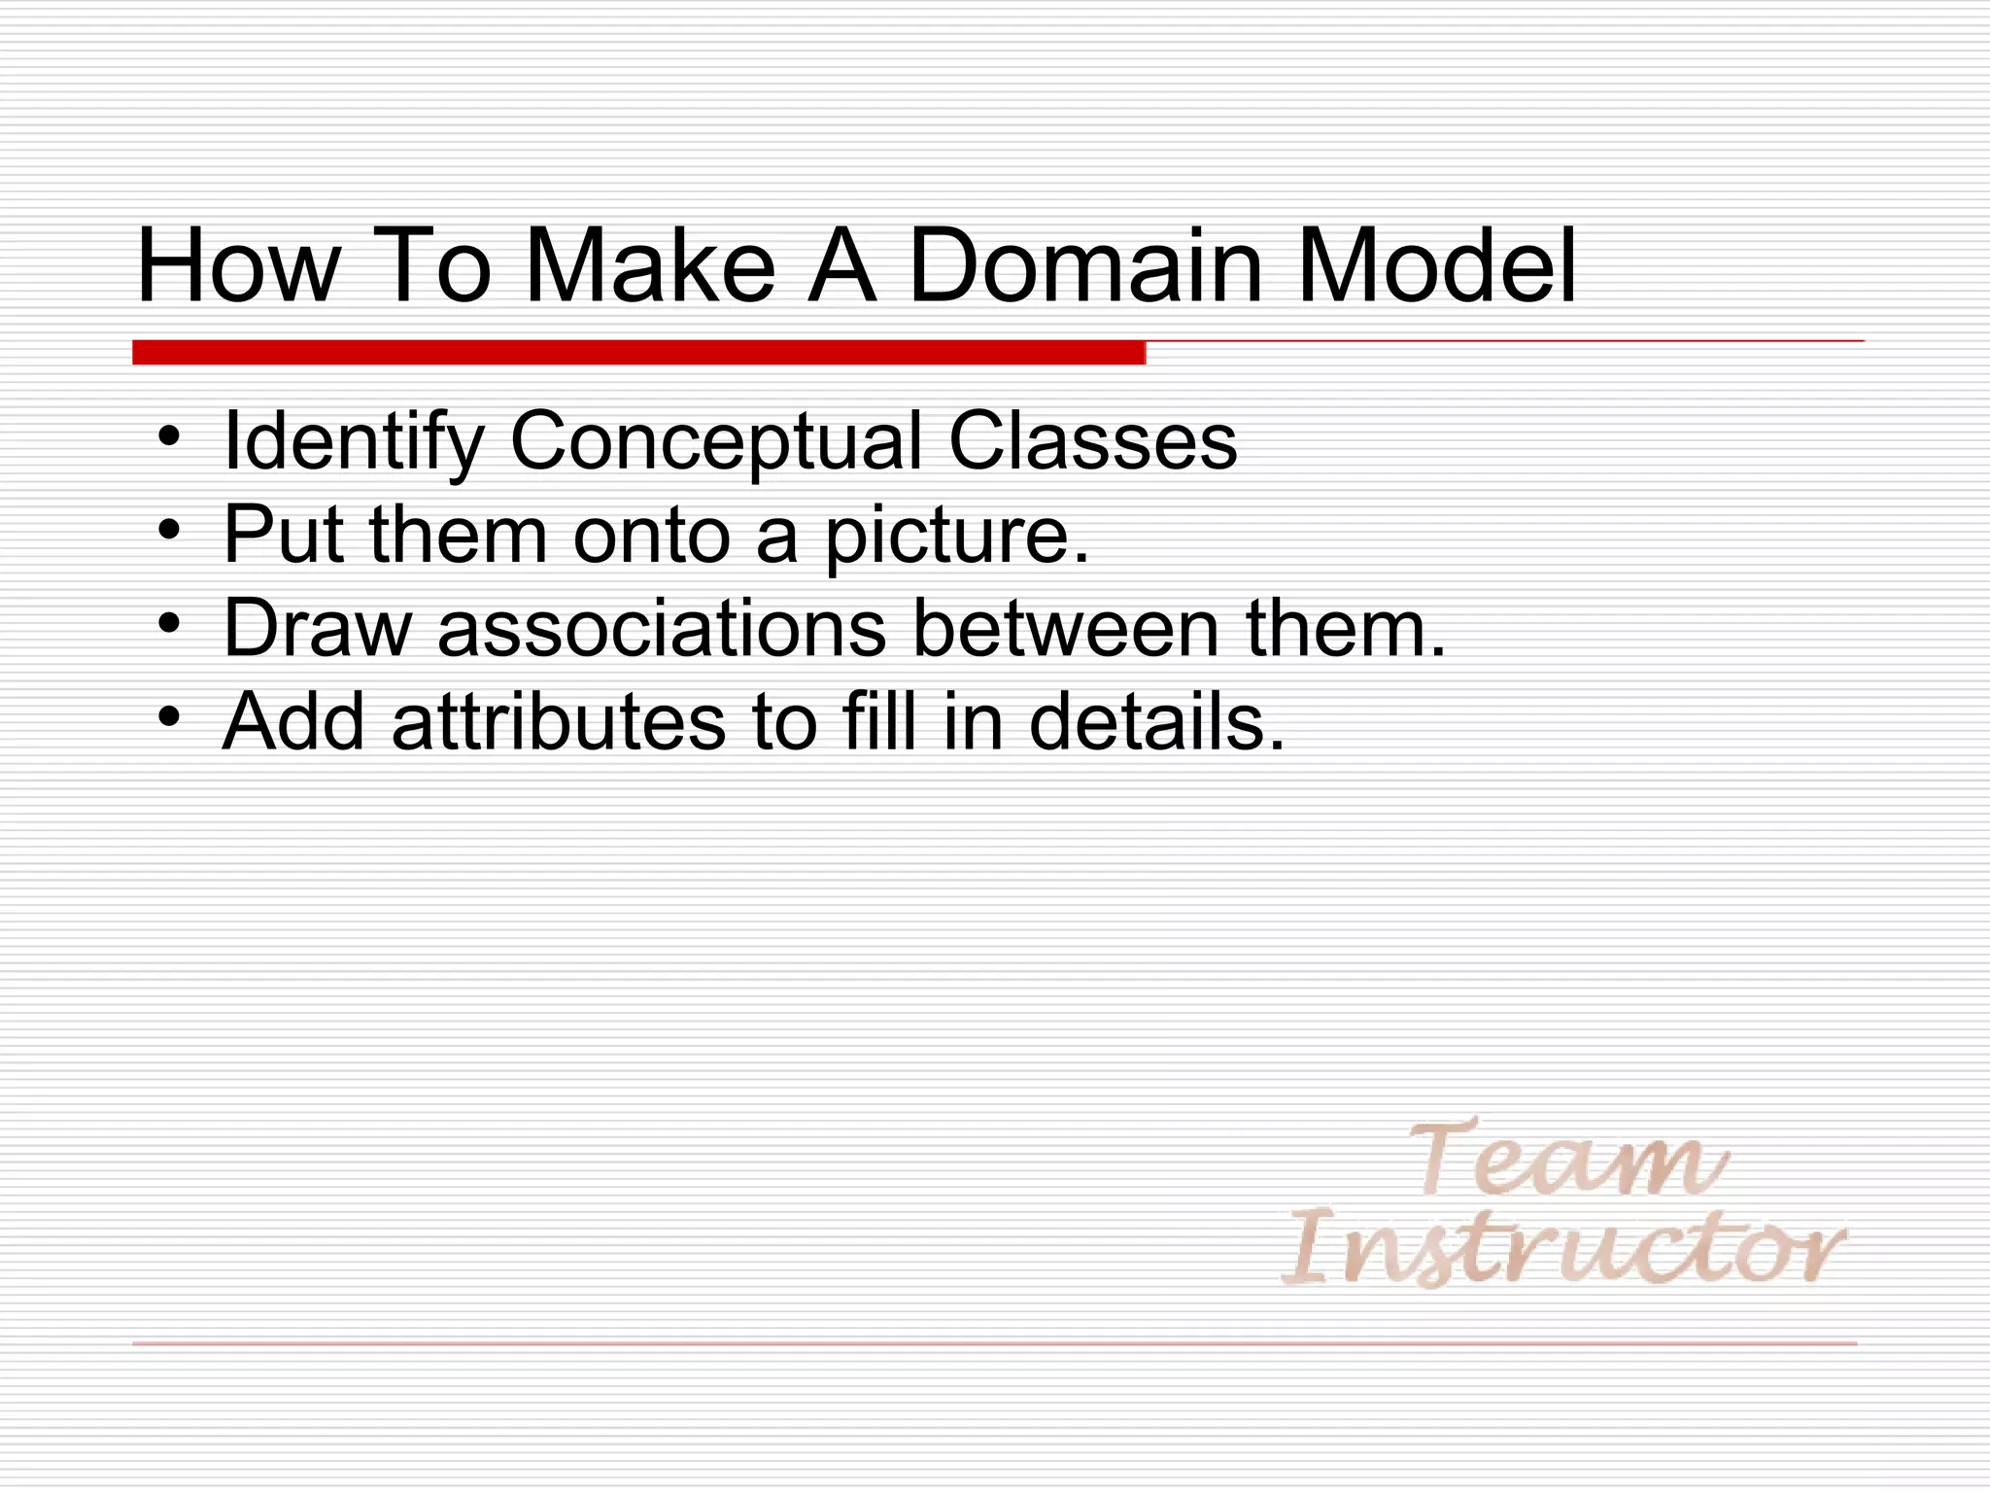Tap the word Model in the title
(1436, 265)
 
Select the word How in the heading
(239, 265)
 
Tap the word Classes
(1092, 441)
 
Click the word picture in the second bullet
(957, 536)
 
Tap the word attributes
(558, 721)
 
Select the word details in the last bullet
(1156, 721)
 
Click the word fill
(880, 721)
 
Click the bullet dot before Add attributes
(169, 718)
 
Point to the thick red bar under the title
(638, 353)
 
